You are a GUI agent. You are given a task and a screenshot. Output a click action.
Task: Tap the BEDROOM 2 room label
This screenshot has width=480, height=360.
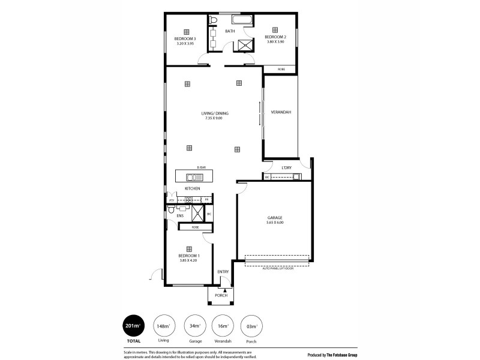point(275,37)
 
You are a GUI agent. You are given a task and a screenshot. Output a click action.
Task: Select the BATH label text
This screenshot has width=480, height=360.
point(230,31)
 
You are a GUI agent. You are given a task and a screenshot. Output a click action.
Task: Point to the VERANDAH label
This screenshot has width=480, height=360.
point(281,112)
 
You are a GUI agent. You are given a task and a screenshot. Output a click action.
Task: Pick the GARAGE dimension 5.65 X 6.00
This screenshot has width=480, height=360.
point(275,223)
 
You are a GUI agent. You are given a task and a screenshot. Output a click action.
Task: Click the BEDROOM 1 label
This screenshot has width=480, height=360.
point(188,256)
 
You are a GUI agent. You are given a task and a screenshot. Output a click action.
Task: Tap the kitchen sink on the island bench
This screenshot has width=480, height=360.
point(195,176)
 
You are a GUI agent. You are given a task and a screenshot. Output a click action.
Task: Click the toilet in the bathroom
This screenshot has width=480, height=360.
point(214,20)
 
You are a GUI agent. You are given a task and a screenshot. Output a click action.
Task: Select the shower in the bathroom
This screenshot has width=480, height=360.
point(245,46)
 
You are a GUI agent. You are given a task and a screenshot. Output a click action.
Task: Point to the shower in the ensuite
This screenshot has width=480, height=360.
point(196,213)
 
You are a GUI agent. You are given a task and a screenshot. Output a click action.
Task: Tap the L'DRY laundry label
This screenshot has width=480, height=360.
point(287,167)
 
